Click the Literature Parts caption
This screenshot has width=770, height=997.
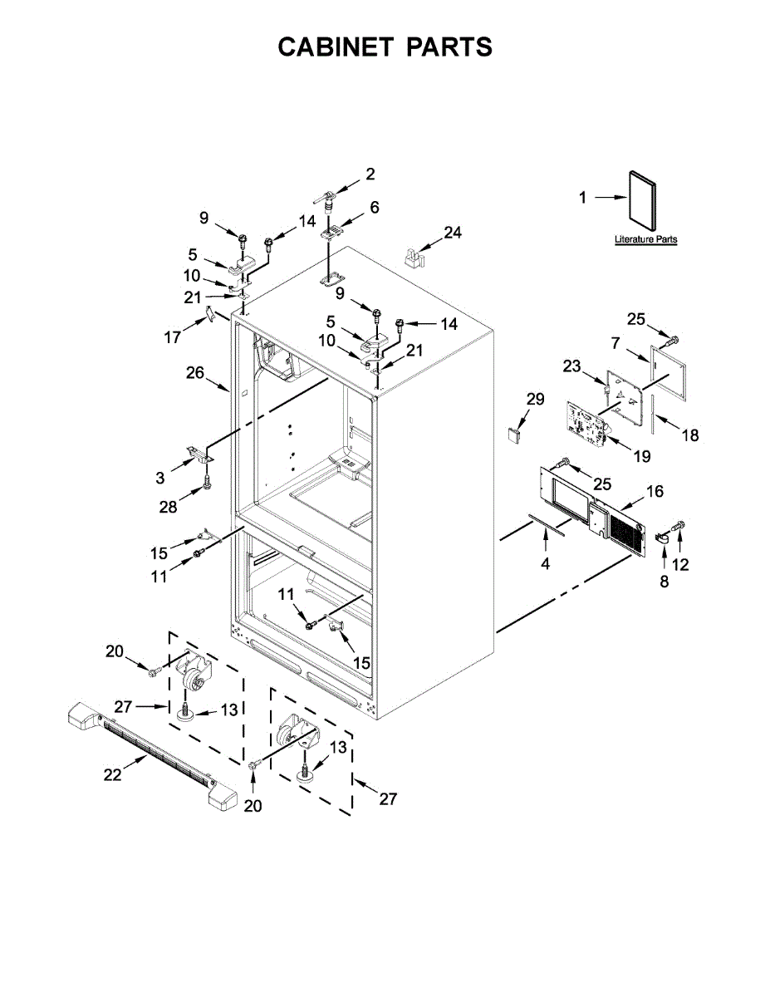(645, 240)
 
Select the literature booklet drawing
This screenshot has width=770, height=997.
(640, 199)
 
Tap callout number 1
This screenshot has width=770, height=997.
(582, 198)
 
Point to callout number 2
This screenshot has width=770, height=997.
(370, 174)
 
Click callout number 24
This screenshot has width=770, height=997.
(452, 233)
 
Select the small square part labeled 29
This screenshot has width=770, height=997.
(516, 433)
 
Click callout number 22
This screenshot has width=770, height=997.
(112, 774)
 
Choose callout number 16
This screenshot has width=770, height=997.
(655, 492)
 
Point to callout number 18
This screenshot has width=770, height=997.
(690, 435)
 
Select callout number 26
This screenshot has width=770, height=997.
(195, 373)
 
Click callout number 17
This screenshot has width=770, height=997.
(173, 338)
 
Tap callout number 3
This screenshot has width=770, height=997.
(159, 478)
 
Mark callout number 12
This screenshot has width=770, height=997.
(681, 566)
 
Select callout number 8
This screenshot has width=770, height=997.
(665, 582)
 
